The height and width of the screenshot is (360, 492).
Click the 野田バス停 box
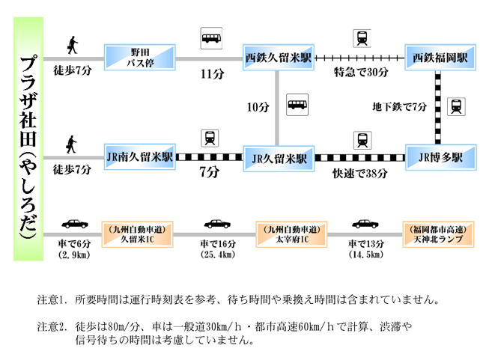pyautogui.click(x=140, y=57)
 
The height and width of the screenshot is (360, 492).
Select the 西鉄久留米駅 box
pyautogui.click(x=279, y=57)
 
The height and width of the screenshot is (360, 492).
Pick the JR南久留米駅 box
pyautogui.click(x=140, y=158)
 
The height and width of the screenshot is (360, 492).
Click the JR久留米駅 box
pyautogui.click(x=279, y=159)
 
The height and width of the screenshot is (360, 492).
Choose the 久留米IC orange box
pyautogui.click(x=138, y=234)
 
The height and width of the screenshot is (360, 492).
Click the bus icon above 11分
pyautogui.click(x=212, y=37)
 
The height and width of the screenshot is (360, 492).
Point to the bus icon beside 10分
pyautogui.click(x=299, y=104)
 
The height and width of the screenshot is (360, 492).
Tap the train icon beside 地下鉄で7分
pyautogui.click(x=455, y=106)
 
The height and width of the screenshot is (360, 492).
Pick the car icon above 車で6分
pyautogui.click(x=74, y=224)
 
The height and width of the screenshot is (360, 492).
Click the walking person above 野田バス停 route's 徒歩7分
pyautogui.click(x=73, y=44)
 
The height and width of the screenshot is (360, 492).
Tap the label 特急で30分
pyautogui.click(x=362, y=72)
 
